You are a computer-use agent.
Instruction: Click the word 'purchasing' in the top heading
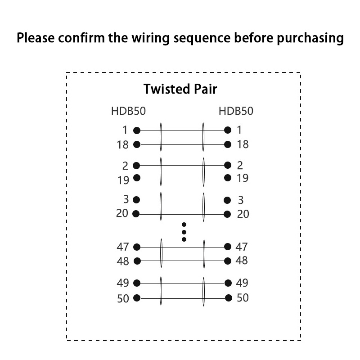pyautogui.click(x=310, y=38)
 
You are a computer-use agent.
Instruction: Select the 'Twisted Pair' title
pyautogui.click(x=180, y=89)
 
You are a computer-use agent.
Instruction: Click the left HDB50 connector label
pyautogui.click(x=128, y=111)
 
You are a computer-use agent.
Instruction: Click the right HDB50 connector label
pyautogui.click(x=235, y=111)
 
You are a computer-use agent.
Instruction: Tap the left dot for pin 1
pyautogui.click(x=137, y=130)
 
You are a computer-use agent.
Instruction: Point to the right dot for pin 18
pyautogui.click(x=228, y=144)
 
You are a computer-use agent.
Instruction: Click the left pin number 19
pyautogui.click(x=123, y=180)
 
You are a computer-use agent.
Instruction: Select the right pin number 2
pyautogui.click(x=240, y=165)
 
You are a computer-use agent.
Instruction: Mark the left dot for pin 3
pyautogui.click(x=137, y=200)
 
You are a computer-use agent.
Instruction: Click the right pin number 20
pyautogui.click(x=243, y=214)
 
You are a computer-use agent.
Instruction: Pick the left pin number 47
pyautogui.click(x=123, y=247)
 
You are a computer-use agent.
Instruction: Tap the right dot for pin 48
pyautogui.click(x=228, y=261)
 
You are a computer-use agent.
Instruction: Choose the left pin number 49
pyautogui.click(x=123, y=283)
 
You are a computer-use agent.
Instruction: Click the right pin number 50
pyautogui.click(x=243, y=298)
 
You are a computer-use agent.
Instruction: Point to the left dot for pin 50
pyautogui.click(x=137, y=298)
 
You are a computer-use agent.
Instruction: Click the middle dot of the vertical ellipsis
pyautogui.click(x=184, y=232)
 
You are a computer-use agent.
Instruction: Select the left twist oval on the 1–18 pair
pyautogui.click(x=161, y=137)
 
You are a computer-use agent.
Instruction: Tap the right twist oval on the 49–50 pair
pyautogui.click(x=204, y=291)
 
